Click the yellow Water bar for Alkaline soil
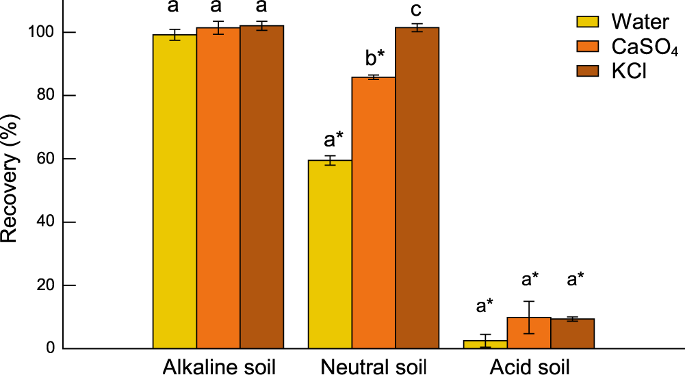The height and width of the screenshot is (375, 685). coord(175,192)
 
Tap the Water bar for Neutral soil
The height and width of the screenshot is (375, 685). coord(330,254)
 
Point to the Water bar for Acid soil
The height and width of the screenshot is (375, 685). coord(485,344)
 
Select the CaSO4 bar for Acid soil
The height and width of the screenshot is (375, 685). coord(529,333)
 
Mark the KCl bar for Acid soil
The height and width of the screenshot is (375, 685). coord(572,334)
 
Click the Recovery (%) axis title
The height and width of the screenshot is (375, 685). coord(10,187)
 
